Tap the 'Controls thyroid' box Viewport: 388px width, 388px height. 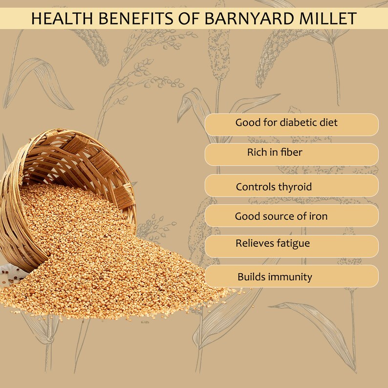click(291, 186)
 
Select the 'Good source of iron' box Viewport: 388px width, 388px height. click(291, 216)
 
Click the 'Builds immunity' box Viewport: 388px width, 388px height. click(291, 276)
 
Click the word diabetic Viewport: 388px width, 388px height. click(300, 122)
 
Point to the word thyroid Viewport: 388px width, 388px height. click(295, 187)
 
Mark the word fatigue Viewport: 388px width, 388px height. click(292, 243)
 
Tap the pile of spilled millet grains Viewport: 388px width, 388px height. click(108, 264)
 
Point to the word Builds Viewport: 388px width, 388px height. click(251, 277)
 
